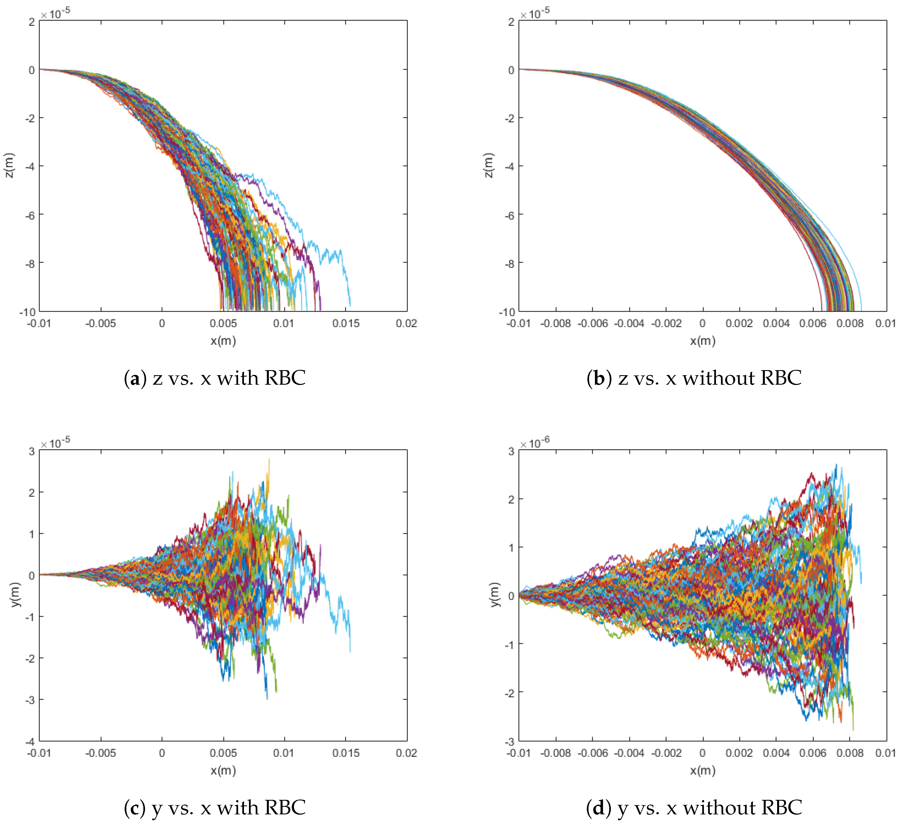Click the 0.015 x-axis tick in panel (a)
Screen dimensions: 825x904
click(345, 323)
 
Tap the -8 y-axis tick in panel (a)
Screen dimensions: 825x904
click(30, 263)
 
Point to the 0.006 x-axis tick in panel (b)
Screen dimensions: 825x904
click(813, 323)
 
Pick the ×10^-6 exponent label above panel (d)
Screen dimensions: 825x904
click(535, 443)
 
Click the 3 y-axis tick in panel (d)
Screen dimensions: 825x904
click(511, 451)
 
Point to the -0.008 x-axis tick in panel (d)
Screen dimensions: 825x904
click(556, 753)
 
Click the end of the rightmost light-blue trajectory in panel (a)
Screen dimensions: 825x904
click(350, 306)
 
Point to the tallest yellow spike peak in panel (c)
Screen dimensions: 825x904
click(269, 459)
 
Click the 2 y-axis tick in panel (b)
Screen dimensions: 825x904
click(511, 22)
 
